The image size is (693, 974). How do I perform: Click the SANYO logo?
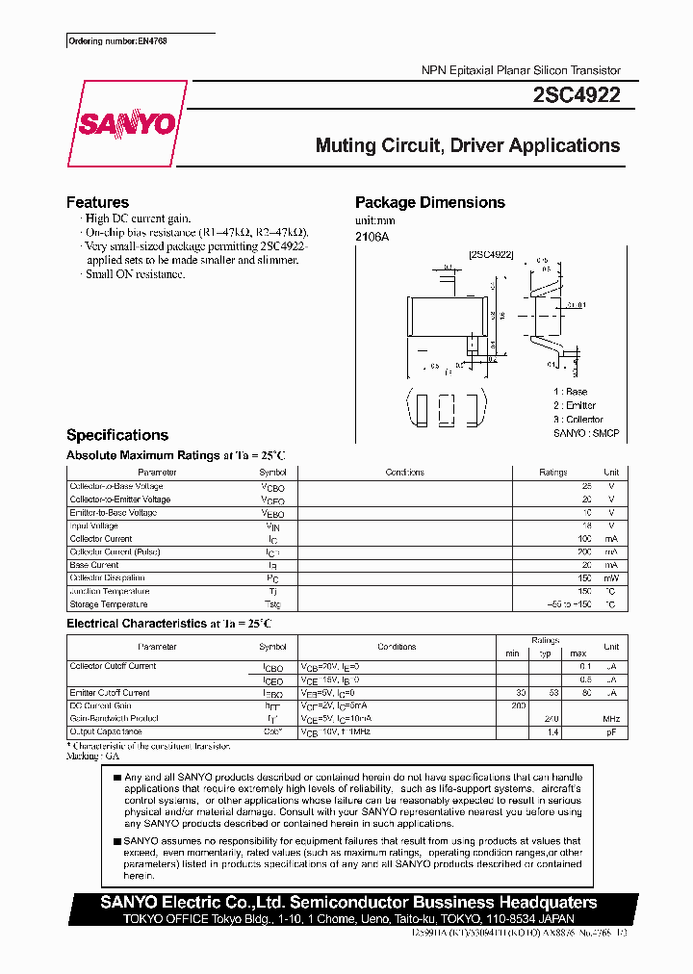[126, 123]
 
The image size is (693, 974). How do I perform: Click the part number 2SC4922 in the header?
[577, 94]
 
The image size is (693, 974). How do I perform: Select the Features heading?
[97, 202]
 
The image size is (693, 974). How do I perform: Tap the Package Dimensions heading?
[429, 202]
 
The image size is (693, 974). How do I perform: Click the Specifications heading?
[117, 435]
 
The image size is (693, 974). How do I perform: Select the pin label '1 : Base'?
[570, 392]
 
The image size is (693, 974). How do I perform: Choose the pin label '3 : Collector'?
[577, 420]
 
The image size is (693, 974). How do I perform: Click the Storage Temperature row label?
[109, 604]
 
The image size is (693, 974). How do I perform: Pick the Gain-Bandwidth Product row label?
[114, 719]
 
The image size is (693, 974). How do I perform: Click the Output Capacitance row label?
[107, 732]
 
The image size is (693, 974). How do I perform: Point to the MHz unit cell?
[611, 719]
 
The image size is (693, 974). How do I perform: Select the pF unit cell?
[611, 732]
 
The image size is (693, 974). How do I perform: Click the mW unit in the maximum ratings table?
[611, 577]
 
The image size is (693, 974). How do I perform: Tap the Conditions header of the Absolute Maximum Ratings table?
[405, 473]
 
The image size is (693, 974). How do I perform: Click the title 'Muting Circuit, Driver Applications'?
[468, 146]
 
